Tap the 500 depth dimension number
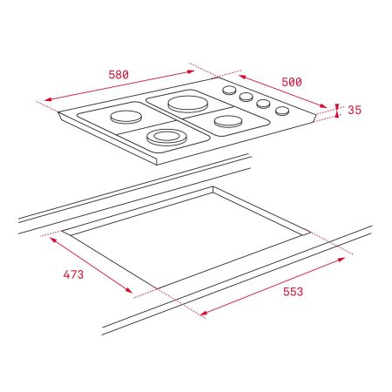click(291, 82)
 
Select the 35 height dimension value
click(355, 111)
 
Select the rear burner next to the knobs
click(186, 104)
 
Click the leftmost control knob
click(229, 90)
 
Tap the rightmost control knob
click(281, 110)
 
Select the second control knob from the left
click(246, 97)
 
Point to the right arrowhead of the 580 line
click(196, 67)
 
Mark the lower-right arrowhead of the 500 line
click(328, 106)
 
